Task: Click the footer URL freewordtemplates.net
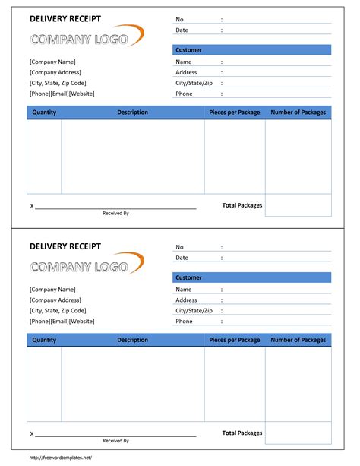[61, 457]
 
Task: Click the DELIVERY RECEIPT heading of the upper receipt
[65, 18]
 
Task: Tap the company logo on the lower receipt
[86, 265]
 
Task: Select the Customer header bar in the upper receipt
[252, 50]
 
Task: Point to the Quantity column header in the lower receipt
[44, 340]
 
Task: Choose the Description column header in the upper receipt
[132, 113]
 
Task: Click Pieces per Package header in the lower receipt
[235, 340]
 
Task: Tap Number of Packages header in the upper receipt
[298, 113]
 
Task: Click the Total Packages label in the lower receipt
[242, 433]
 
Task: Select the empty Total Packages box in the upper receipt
[298, 205]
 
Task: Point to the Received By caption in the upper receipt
[115, 213]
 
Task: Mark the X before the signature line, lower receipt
[32, 434]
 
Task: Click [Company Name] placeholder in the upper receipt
[52, 62]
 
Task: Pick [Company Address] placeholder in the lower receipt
[55, 300]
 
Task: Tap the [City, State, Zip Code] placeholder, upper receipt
[58, 83]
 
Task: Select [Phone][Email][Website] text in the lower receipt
[62, 321]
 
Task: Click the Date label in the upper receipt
[182, 30]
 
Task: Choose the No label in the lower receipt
[179, 247]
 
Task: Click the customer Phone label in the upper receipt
[184, 94]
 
